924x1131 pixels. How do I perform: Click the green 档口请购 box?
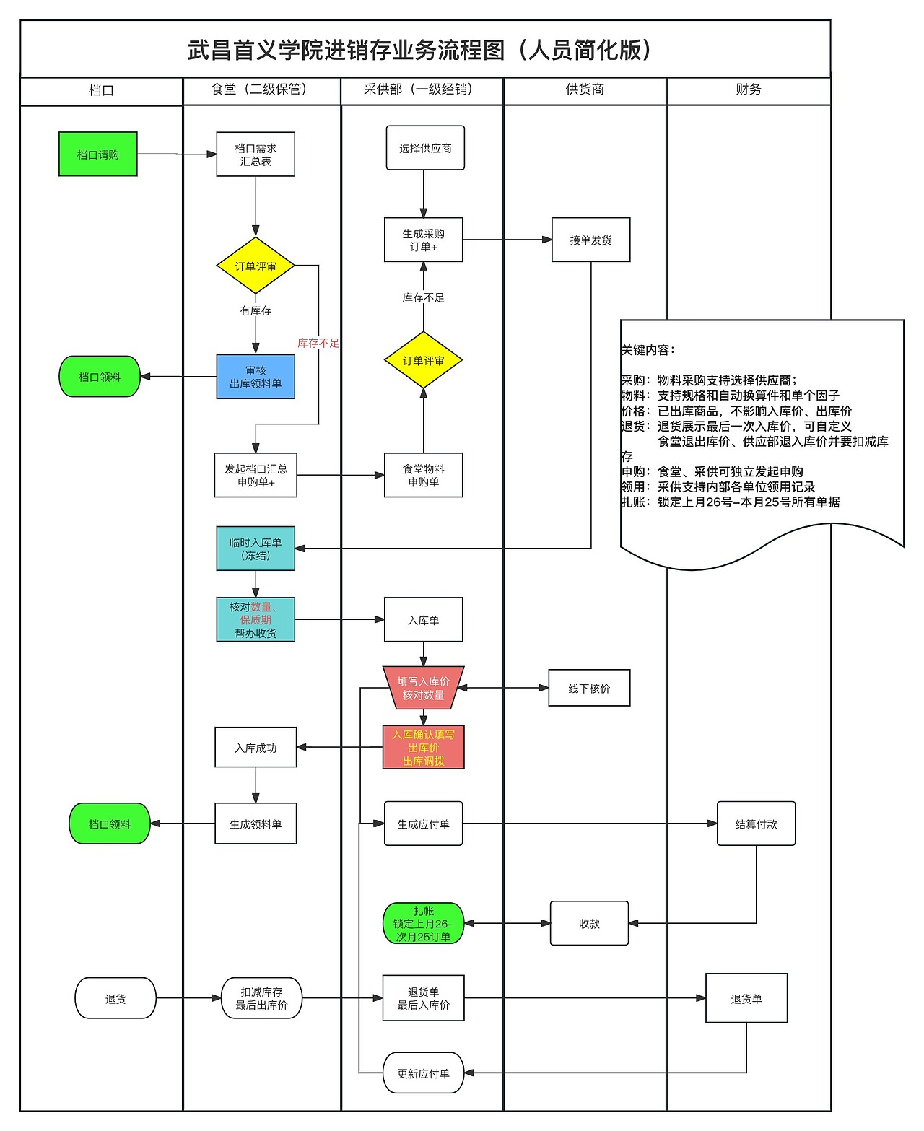click(x=97, y=154)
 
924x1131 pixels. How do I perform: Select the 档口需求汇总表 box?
click(x=256, y=154)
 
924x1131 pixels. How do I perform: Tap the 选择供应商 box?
click(x=425, y=148)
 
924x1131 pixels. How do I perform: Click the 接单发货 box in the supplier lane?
click(x=590, y=240)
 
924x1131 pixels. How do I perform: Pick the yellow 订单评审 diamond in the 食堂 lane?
click(x=256, y=266)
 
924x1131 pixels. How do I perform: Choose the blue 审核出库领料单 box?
click(x=256, y=377)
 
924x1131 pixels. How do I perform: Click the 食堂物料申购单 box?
click(x=423, y=475)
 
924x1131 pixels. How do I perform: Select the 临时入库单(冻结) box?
click(x=256, y=549)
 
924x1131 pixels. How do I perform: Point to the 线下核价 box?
click(x=589, y=688)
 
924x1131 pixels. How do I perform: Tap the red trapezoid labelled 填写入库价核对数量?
click(x=423, y=688)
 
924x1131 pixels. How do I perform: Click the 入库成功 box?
click(x=256, y=748)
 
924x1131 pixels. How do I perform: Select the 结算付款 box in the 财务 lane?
click(x=756, y=824)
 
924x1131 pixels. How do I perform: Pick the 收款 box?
click(x=589, y=923)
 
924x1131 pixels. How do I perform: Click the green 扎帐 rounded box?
click(x=423, y=923)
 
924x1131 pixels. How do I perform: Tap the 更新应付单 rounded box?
click(x=423, y=1073)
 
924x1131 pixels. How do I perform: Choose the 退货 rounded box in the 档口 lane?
click(x=115, y=998)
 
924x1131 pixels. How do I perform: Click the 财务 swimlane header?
click(x=749, y=89)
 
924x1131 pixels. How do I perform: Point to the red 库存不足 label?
click(x=318, y=343)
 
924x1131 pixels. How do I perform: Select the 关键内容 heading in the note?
click(x=648, y=350)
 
